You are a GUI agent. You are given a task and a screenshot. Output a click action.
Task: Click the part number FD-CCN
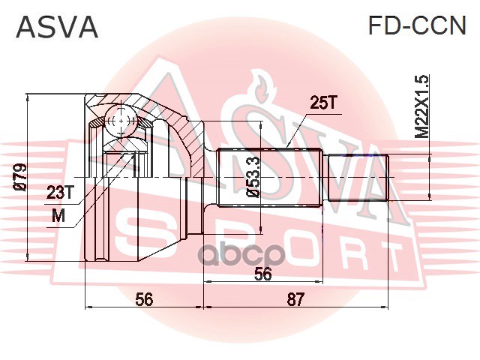pyautogui.click(x=417, y=28)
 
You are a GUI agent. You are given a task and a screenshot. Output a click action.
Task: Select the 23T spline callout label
pyautogui.click(x=61, y=193)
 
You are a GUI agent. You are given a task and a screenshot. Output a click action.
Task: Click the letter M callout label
pyautogui.click(x=58, y=217)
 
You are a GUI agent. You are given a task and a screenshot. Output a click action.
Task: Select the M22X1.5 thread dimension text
pyautogui.click(x=422, y=106)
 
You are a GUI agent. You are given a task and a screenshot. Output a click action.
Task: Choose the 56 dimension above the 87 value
pyautogui.click(x=262, y=274)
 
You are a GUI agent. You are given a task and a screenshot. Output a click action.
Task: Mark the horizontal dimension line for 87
pyautogui.click(x=295, y=307)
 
